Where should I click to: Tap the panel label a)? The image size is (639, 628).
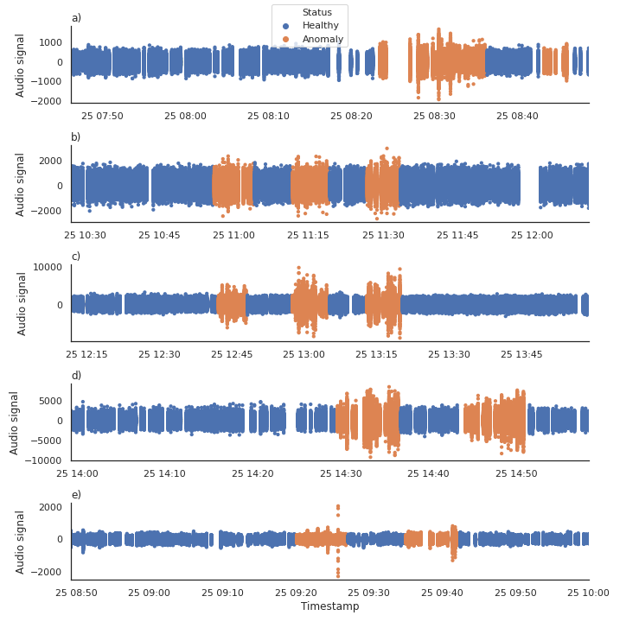click(76, 18)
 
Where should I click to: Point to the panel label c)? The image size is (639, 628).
click(76, 257)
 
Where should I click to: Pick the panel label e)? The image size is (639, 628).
click(76, 495)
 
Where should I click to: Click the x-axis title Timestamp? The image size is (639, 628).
click(329, 606)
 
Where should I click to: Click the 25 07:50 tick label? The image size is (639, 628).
click(102, 116)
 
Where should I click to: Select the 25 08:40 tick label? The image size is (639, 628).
click(517, 116)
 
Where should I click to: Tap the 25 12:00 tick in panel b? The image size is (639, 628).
click(532, 235)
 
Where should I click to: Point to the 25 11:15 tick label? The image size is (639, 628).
click(308, 235)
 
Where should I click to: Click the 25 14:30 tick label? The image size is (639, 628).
click(341, 473)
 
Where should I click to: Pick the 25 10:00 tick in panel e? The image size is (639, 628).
click(588, 593)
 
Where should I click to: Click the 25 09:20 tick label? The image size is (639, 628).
click(297, 593)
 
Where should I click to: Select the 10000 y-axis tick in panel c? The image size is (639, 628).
click(47, 267)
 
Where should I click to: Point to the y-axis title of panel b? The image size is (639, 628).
click(22, 184)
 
